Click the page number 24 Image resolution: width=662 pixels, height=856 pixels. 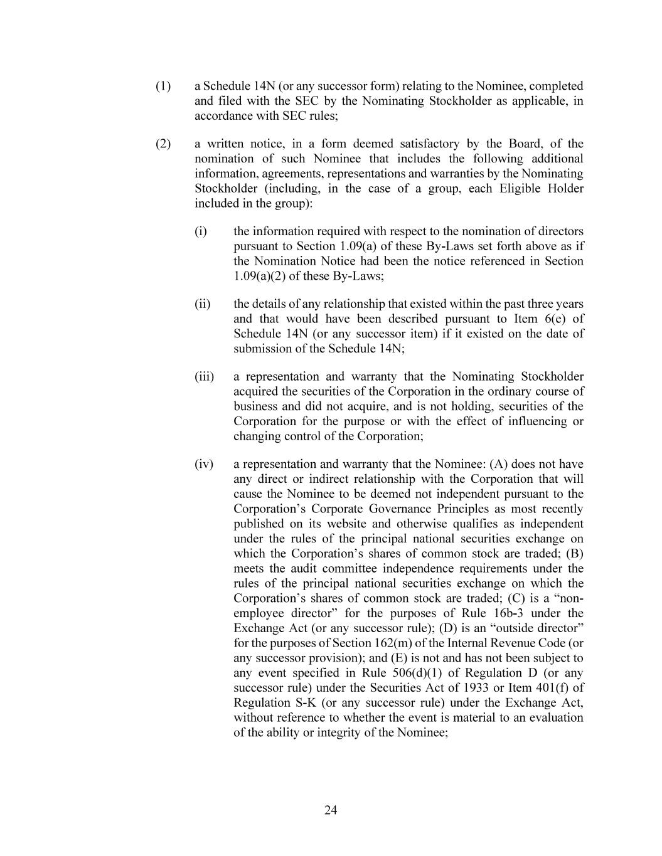pos(331,810)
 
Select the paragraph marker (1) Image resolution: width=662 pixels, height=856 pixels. pos(163,86)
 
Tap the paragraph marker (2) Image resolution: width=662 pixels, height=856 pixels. pos(163,144)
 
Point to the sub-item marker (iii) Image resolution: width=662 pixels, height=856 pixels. pos(204,377)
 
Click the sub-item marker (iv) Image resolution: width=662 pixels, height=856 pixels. pos(204,465)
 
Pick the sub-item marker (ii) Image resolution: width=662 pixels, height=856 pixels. pos(203,304)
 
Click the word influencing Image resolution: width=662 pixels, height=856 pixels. pos(535,421)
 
